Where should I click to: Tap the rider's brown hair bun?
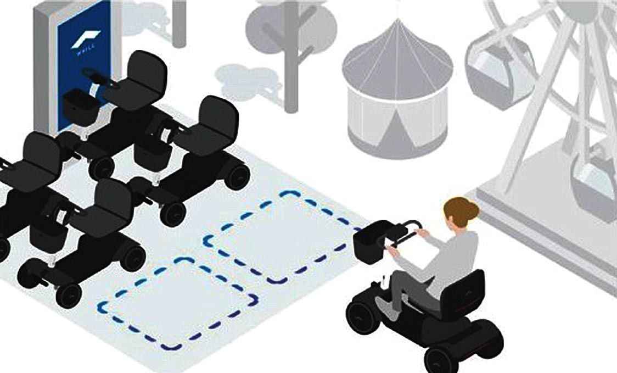tap(472, 210)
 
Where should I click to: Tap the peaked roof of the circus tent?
tap(397, 55)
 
